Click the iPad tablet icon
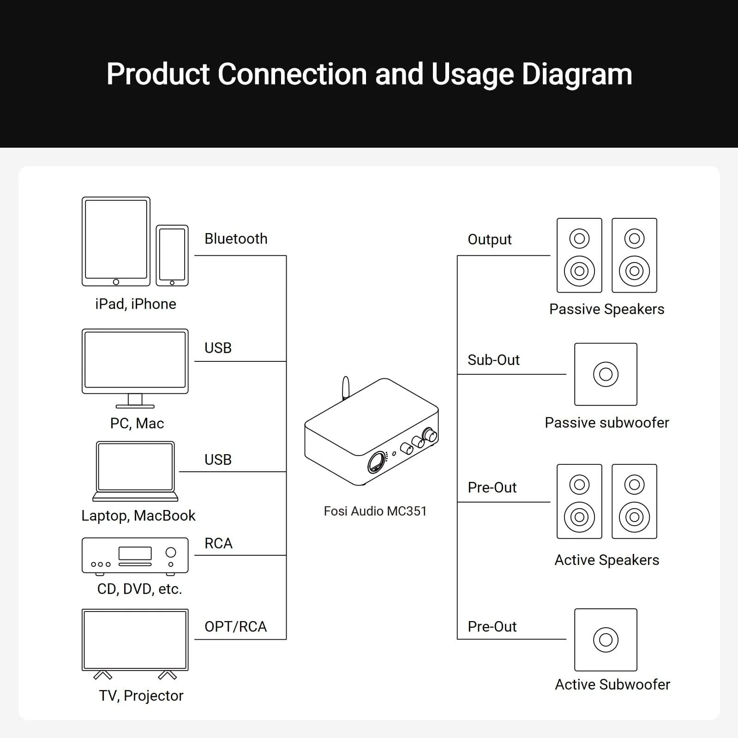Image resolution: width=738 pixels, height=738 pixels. pyautogui.click(x=116, y=241)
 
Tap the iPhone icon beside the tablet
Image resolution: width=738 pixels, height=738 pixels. pyautogui.click(x=172, y=255)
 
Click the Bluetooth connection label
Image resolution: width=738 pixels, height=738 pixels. pyautogui.click(x=236, y=239)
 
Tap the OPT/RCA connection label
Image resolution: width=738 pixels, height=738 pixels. pyautogui.click(x=235, y=626)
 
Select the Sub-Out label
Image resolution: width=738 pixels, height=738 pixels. pyautogui.click(x=493, y=360)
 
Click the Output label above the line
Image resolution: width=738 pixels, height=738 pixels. pyautogui.click(x=490, y=240)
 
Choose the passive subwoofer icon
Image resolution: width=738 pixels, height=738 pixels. pyautogui.click(x=606, y=374)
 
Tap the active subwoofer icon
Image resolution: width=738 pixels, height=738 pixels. pyautogui.click(x=606, y=639)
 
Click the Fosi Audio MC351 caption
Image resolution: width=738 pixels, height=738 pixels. pyautogui.click(x=375, y=511)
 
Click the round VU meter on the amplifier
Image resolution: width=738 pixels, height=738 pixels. pyautogui.click(x=377, y=462)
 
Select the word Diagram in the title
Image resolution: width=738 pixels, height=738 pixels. pyautogui.click(x=577, y=74)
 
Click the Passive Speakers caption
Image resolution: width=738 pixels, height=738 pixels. pyautogui.click(x=606, y=309)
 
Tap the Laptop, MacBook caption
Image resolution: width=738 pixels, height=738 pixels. pyautogui.click(x=138, y=515)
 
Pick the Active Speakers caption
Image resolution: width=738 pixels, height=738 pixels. pyautogui.click(x=606, y=560)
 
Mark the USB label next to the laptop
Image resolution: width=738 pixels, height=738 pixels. pyautogui.click(x=218, y=460)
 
